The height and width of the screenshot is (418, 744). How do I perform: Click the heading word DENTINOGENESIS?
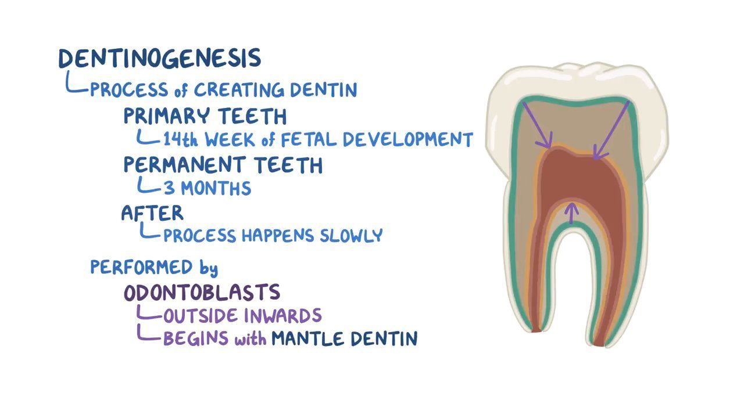point(160,59)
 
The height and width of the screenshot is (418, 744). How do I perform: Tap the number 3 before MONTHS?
point(169,188)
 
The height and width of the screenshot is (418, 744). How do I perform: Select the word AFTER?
point(152,213)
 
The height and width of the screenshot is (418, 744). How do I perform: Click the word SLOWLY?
point(351,236)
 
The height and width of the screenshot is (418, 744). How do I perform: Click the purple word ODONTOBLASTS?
point(202,293)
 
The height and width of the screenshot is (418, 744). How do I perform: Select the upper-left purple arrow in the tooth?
point(537,125)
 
